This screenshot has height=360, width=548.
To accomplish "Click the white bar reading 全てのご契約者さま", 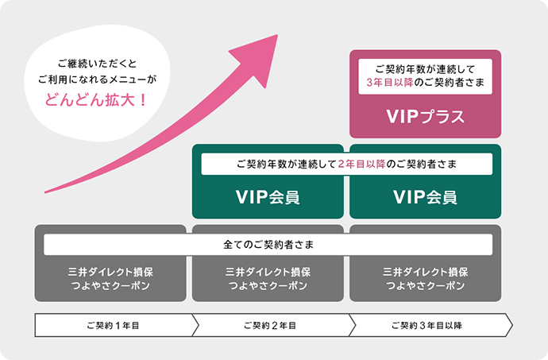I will pyautogui.click(x=268, y=245).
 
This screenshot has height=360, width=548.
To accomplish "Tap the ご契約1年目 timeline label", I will pyautogui.click(x=114, y=325).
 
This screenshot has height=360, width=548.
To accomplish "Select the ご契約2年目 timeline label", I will pyautogui.click(x=271, y=325).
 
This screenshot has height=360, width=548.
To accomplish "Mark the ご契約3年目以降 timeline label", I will pyautogui.click(x=426, y=325).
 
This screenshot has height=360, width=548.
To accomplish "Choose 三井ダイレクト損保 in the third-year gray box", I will pyautogui.click(x=425, y=271).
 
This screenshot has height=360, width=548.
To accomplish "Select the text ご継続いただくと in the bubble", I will pyautogui.click(x=97, y=63).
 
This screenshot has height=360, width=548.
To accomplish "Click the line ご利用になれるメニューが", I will pyautogui.click(x=97, y=79).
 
